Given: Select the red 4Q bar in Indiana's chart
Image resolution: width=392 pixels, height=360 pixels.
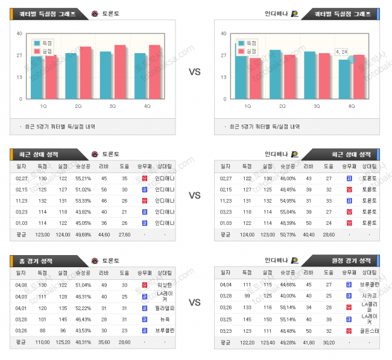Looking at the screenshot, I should [x=359, y=77].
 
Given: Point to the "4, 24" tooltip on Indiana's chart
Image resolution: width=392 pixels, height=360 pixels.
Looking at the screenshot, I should [x=341, y=52].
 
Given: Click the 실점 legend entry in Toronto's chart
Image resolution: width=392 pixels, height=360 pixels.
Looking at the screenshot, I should [x=43, y=51].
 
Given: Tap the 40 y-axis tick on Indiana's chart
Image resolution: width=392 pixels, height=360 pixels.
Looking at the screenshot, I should [x=224, y=33].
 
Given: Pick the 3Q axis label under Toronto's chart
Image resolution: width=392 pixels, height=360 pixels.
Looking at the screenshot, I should [x=113, y=106].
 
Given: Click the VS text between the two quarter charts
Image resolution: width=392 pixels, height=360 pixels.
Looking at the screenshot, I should [x=195, y=72].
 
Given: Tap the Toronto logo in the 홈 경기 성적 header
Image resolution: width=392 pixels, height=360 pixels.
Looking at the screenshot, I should [x=94, y=261].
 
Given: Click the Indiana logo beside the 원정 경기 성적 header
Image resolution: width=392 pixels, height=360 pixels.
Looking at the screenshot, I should [x=294, y=261].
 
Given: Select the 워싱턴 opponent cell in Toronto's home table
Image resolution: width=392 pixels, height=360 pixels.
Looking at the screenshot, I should [x=165, y=285].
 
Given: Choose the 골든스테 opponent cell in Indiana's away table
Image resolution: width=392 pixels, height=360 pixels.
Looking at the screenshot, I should [x=369, y=331].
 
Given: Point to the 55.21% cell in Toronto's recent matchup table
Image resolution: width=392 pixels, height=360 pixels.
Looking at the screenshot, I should [x=83, y=178].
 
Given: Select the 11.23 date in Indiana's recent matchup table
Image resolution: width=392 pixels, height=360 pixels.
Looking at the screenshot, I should [x=226, y=201].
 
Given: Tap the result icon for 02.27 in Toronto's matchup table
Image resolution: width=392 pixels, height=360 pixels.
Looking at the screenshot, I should [x=145, y=178].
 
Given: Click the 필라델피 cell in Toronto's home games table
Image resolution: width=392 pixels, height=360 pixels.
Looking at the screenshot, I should [x=165, y=308].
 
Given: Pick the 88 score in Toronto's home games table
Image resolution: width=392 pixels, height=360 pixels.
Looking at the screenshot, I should [x=42, y=331].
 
